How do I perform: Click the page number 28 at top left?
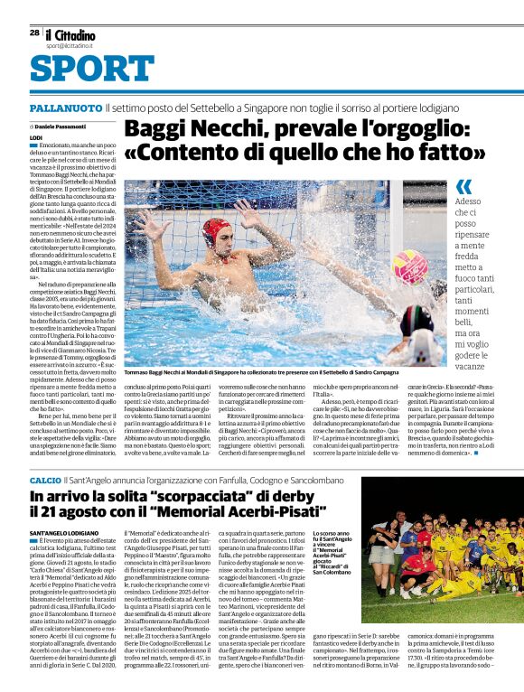34,32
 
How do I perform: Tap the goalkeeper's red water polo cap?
216,229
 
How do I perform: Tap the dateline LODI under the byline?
35,136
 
